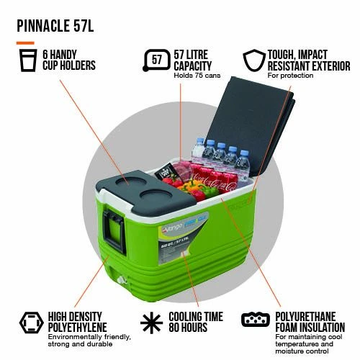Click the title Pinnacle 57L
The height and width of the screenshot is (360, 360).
pos(55,26)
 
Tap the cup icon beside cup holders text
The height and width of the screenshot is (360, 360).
pos(28,60)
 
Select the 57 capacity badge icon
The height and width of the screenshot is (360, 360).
pos(156,60)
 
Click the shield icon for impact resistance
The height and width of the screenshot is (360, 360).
pos(254,60)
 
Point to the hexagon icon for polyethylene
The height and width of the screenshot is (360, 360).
pos(32,323)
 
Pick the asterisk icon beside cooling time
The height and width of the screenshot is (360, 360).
pos(152,323)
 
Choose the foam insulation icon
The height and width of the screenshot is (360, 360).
pos(256,320)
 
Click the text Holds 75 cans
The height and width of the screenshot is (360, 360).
pos(197,76)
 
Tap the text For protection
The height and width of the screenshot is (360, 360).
pos(290,76)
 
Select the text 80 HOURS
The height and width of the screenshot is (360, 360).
pos(188,328)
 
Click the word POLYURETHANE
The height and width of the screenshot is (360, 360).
pos(305,317)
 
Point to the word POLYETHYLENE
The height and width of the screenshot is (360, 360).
pos(77,328)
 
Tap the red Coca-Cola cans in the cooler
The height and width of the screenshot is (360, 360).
pos(214,179)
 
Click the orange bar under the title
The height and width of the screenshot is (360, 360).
pos(25,43)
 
